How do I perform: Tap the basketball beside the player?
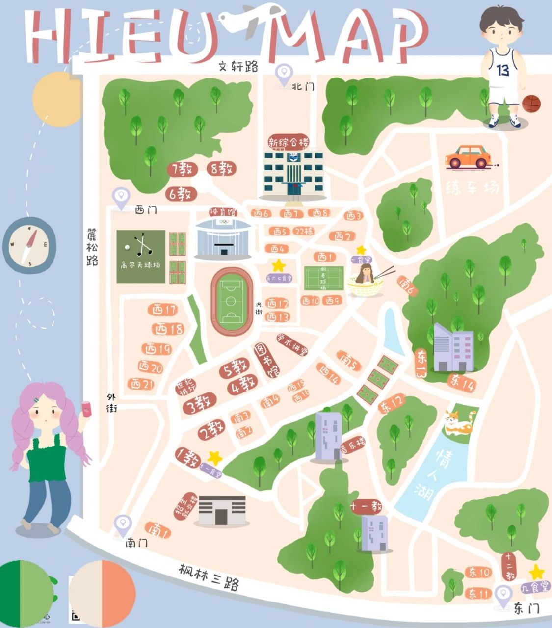(531, 104)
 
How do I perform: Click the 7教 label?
(182, 169)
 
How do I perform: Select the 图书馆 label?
(265, 360)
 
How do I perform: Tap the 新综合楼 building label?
(289, 142)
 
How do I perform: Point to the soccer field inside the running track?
(232, 301)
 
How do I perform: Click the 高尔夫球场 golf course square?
(140, 256)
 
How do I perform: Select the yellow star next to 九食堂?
(536, 572)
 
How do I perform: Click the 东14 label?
(462, 382)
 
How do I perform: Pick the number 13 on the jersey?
(503, 70)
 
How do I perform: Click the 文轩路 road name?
(238, 66)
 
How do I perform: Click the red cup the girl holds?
(87, 409)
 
